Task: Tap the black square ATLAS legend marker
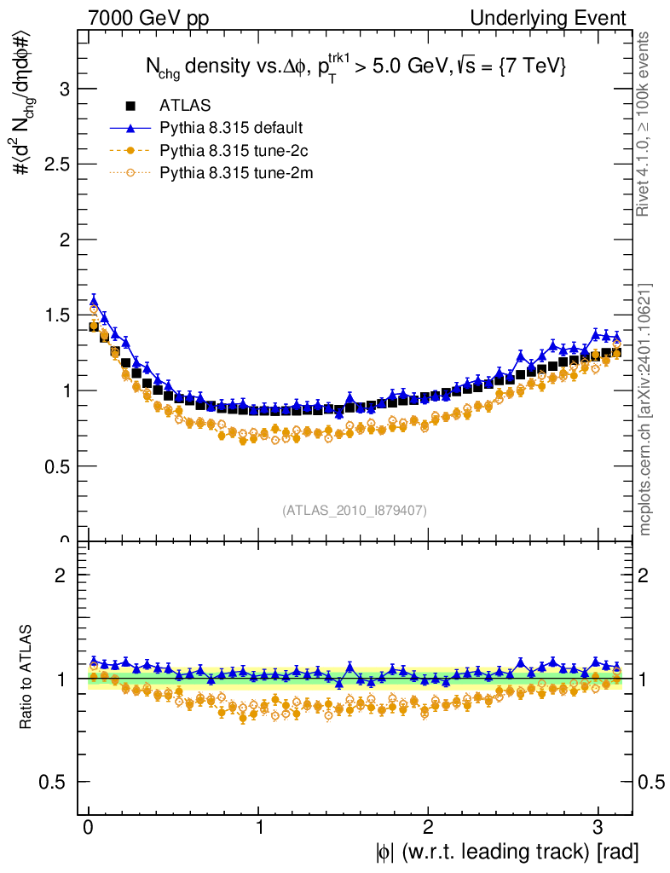click(130, 106)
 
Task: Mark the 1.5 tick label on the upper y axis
click(54, 315)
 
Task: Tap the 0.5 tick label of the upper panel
click(54, 466)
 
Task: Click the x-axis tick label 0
click(89, 826)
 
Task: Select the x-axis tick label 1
click(258, 826)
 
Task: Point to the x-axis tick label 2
click(428, 826)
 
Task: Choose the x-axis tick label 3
click(598, 826)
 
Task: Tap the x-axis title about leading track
click(505, 852)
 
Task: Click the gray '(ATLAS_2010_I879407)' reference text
click(355, 511)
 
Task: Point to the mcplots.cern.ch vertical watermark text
click(645, 409)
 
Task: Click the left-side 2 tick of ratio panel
click(60, 575)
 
